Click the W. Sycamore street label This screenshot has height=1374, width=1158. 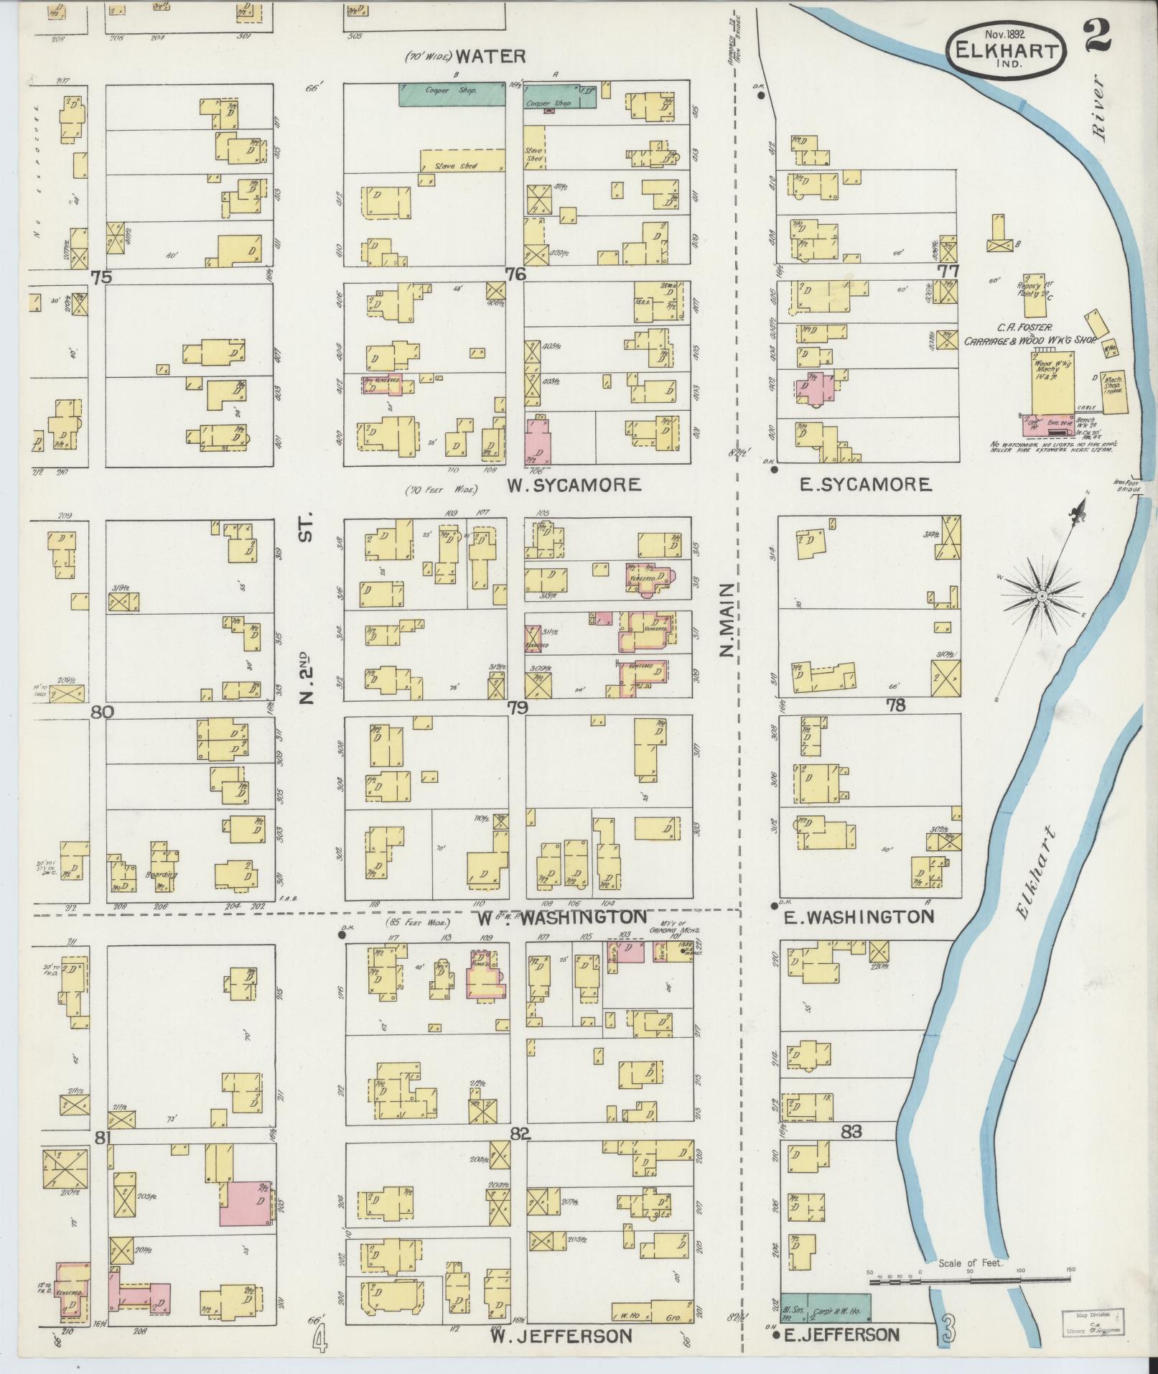coord(574,485)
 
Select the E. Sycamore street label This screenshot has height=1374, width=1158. coord(866,485)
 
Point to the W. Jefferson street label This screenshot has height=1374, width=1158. coord(561,1336)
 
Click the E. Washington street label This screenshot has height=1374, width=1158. coord(858,916)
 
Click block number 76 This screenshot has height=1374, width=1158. coord(515,274)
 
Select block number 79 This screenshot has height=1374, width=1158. coord(518,707)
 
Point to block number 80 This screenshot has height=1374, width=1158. coord(103,712)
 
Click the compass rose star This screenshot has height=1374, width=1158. coord(1040,596)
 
